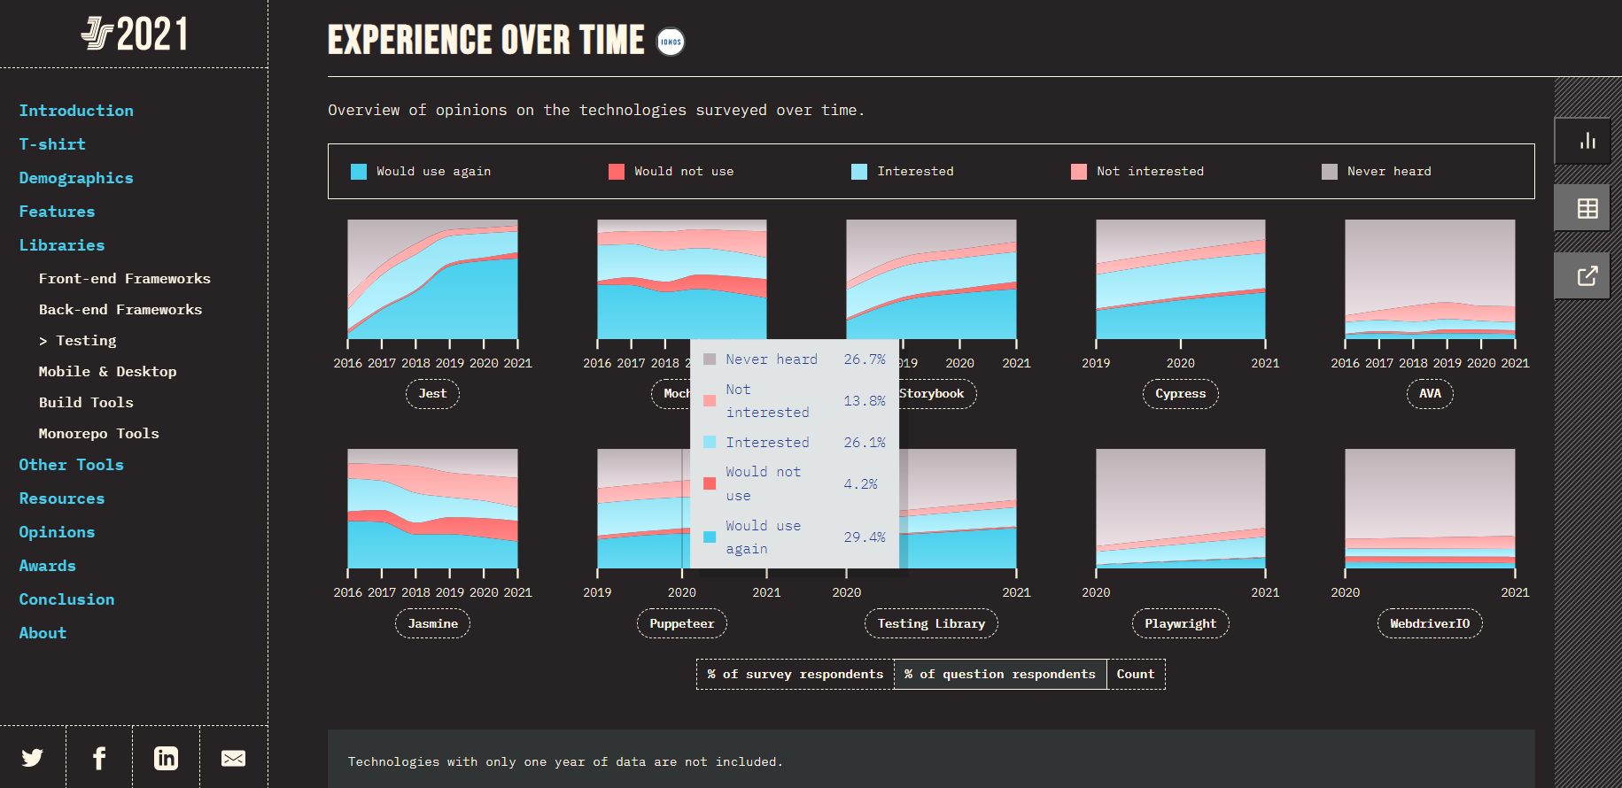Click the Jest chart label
point(432,394)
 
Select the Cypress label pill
point(1180,394)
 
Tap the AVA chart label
point(1430,394)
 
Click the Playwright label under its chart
point(1180,624)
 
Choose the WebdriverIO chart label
point(1430,624)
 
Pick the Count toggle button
point(1136,675)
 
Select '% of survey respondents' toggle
point(795,675)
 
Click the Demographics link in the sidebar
point(76,178)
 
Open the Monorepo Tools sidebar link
point(98,434)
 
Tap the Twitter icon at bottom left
point(33,758)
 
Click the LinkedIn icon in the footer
point(166,758)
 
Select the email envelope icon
point(233,758)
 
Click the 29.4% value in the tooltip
point(864,537)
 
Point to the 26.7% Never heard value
point(864,359)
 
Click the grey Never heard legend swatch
point(1329,172)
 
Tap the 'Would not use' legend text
point(684,172)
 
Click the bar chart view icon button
point(1587,141)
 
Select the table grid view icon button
point(1587,208)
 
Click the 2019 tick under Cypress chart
point(1096,363)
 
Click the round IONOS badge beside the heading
point(671,42)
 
